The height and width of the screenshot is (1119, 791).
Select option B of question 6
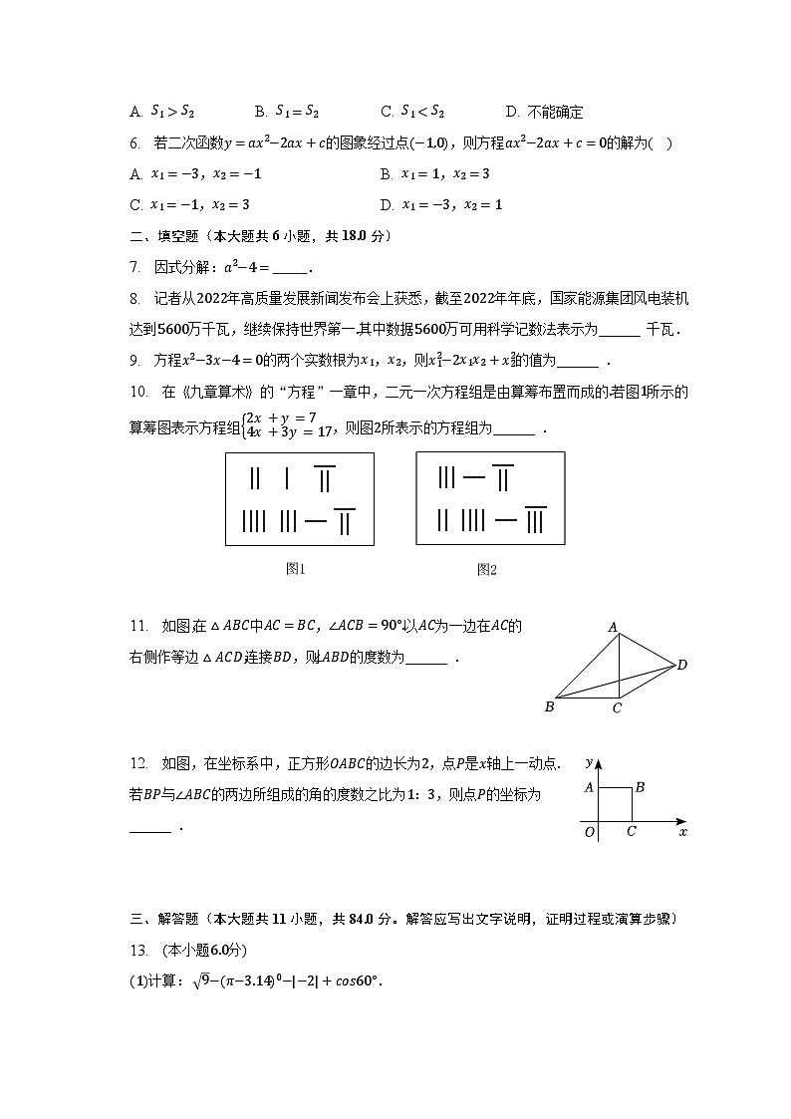tap(435, 174)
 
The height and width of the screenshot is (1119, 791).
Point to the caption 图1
tap(295, 569)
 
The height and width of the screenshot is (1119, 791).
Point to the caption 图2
tap(486, 569)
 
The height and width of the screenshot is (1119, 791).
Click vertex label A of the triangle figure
tap(613, 627)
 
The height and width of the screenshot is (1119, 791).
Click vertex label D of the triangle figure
tap(682, 665)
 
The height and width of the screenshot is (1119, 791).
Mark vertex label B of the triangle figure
tap(549, 707)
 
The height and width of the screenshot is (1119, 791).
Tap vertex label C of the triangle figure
tap(618, 708)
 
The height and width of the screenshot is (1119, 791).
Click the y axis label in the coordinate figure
tap(590, 762)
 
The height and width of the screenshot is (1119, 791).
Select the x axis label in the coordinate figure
tap(682, 831)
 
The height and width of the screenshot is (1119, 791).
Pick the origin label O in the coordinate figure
tap(589, 832)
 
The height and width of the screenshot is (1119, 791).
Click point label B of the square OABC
tap(640, 787)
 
